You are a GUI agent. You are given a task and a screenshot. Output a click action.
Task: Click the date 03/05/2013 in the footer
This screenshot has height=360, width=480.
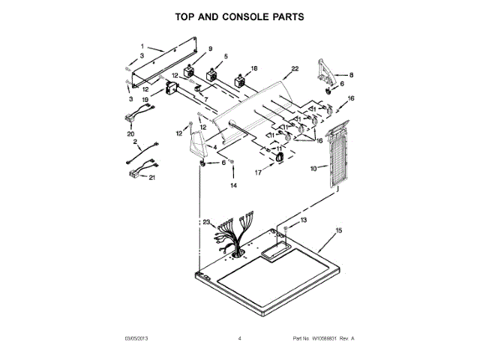138,340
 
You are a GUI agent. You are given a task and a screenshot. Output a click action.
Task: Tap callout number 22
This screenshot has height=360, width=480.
295,69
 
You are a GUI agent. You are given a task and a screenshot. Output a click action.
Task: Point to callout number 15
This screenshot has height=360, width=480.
338,230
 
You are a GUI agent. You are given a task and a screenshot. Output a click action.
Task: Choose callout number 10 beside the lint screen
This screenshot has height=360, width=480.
313,169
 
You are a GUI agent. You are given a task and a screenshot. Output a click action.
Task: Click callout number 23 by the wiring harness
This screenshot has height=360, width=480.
206,221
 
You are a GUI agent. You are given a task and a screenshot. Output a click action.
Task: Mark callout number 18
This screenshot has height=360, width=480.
253,68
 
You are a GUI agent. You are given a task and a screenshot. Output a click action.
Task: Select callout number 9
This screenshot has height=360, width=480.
199,49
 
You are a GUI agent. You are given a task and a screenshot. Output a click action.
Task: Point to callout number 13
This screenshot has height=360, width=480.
304,220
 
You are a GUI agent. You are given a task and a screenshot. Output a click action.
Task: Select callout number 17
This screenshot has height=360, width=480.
260,172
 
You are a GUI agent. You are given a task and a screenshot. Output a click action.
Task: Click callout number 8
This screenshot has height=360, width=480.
352,75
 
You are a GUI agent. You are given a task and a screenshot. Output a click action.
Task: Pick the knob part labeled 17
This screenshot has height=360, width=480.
279,156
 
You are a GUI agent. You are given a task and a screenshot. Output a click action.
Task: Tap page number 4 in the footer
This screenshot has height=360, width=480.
239,340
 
